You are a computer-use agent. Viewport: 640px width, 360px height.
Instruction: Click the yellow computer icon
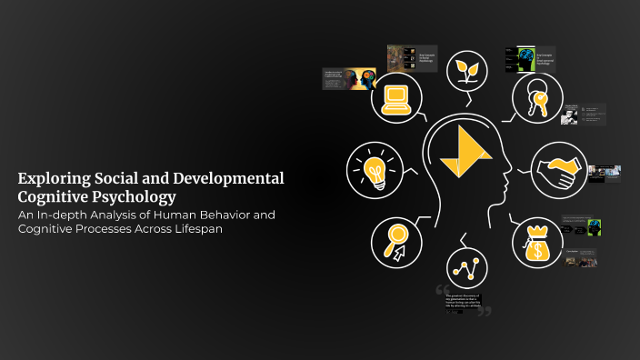coord(397,97)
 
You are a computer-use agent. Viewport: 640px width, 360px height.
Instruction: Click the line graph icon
coord(468,269)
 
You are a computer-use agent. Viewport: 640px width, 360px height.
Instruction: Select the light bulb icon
coord(373,170)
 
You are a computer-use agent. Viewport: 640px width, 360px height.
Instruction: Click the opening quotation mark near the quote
coord(442,291)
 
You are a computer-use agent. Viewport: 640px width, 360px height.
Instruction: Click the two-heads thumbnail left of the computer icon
coord(360,78)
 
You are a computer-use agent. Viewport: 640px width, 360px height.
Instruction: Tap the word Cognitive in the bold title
coord(55,195)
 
